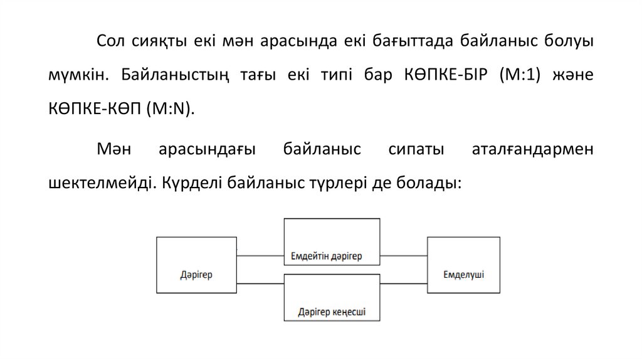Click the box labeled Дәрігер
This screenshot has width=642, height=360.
[x=196, y=265]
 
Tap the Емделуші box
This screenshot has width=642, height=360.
[x=463, y=265]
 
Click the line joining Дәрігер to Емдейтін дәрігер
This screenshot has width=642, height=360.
[x=260, y=255]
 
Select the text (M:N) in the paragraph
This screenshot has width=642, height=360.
[x=171, y=107]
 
